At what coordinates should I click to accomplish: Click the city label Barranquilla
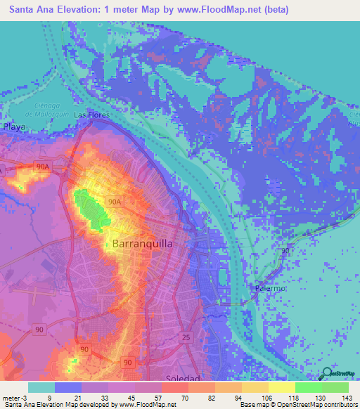click(x=142, y=243)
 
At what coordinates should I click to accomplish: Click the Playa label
click(x=14, y=127)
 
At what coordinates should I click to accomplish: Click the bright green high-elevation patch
click(x=94, y=209)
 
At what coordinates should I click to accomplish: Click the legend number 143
click(x=345, y=398)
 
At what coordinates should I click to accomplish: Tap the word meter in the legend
click(x=10, y=398)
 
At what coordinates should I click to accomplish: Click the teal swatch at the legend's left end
click(x=41, y=387)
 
